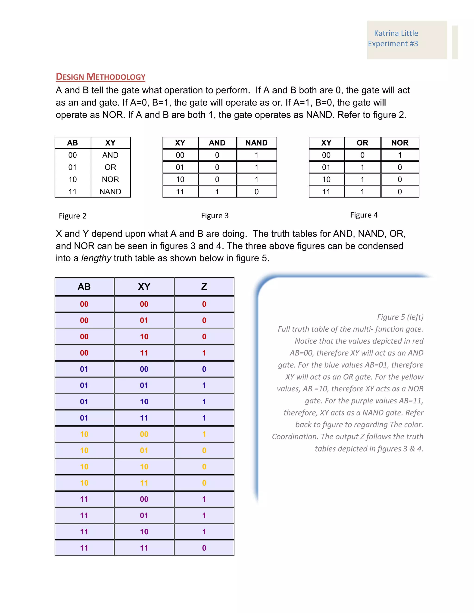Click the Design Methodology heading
pyautogui.click(x=100, y=77)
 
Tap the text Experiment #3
pyautogui.click(x=393, y=44)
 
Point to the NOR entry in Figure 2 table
pyautogui.click(x=110, y=179)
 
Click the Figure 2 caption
pyautogui.click(x=72, y=216)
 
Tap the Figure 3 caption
pyautogui.click(x=215, y=216)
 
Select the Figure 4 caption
pyautogui.click(x=364, y=215)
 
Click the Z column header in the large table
pyautogui.click(x=204, y=287)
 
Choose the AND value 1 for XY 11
pyautogui.click(x=217, y=192)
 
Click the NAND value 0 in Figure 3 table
pyautogui.click(x=256, y=192)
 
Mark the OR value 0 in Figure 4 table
pyautogui.click(x=362, y=155)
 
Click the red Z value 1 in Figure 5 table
pyautogui.click(x=204, y=353)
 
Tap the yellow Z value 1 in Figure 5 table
pyautogui.click(x=204, y=434)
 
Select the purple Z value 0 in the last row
pyautogui.click(x=204, y=548)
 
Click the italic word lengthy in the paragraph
pyautogui.click(x=96, y=258)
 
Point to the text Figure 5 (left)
pyautogui.click(x=400, y=317)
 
